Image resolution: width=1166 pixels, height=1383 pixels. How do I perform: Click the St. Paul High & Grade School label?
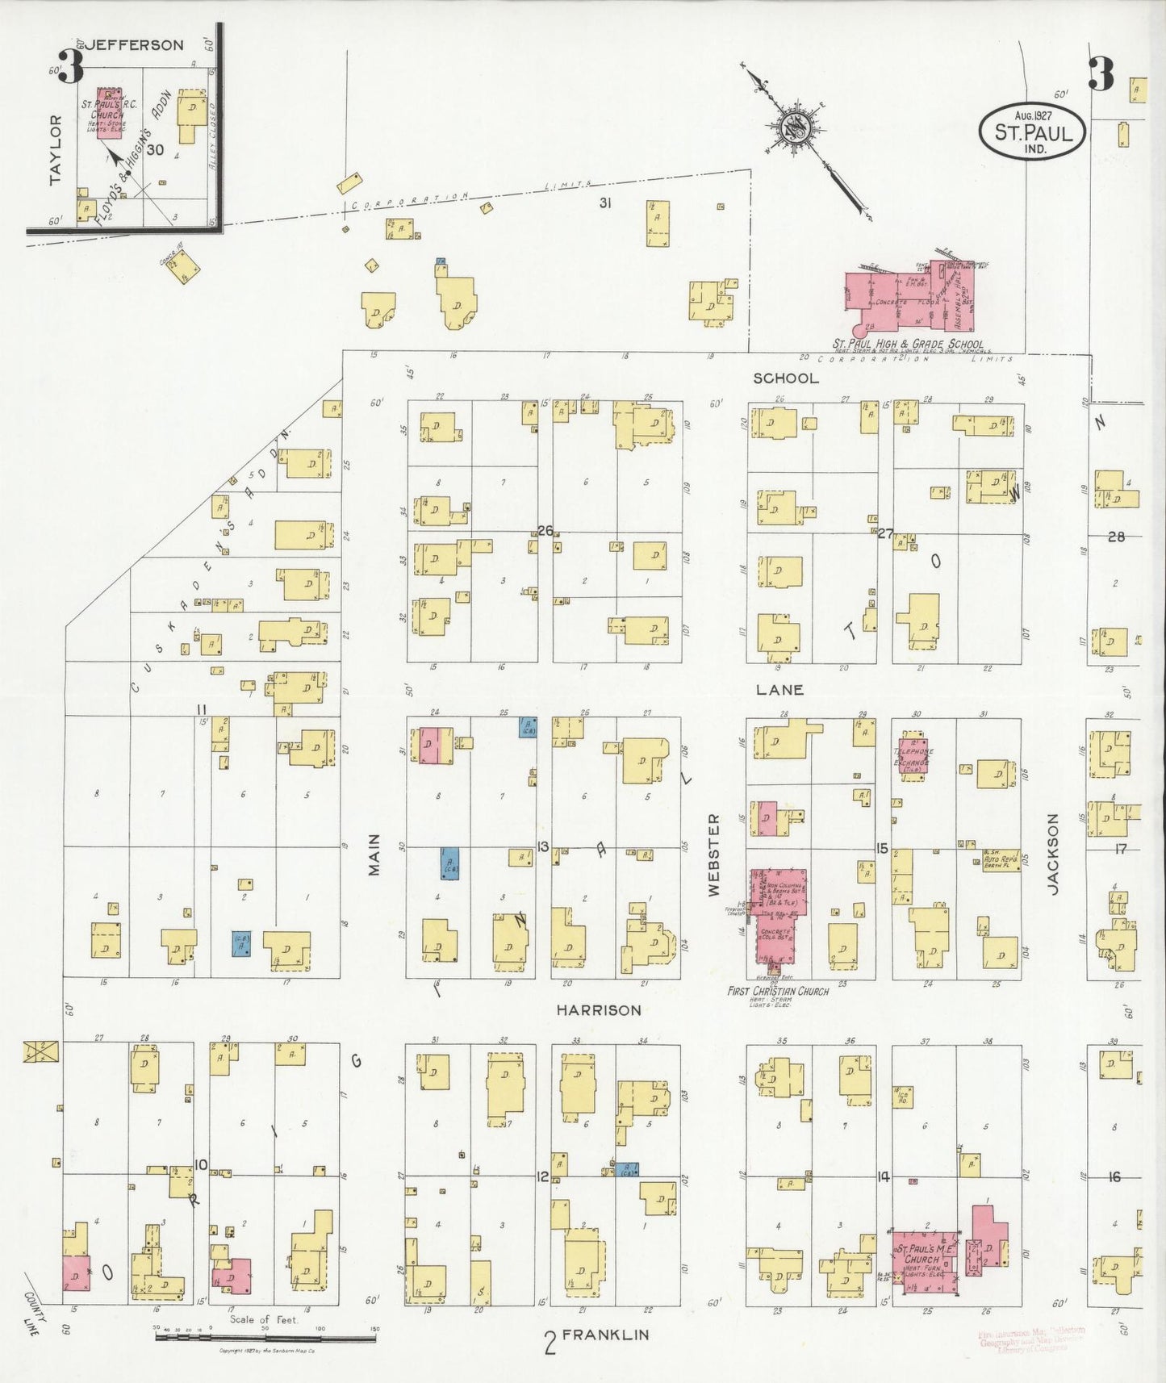point(908,344)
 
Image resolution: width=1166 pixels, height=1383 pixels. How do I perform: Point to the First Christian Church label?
point(778,991)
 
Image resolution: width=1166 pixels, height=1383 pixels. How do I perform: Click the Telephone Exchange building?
point(913,756)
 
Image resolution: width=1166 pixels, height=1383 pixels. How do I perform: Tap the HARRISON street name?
point(599,1009)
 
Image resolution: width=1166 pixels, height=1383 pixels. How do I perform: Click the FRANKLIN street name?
point(605,1335)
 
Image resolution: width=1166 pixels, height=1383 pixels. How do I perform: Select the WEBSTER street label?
point(713,854)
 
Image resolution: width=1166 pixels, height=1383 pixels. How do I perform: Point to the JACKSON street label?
point(1052,853)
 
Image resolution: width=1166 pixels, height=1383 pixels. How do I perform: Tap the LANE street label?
point(779,690)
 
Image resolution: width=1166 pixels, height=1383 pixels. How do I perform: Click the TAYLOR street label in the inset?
point(55,149)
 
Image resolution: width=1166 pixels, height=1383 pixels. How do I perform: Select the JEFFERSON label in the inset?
point(135,45)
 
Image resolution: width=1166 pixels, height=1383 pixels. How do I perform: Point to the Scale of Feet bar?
point(265,1337)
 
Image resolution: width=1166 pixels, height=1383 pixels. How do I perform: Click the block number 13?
point(543,846)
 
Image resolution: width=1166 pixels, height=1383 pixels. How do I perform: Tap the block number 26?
point(545,530)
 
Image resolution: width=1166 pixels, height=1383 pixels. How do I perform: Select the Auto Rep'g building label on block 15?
point(1001,861)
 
